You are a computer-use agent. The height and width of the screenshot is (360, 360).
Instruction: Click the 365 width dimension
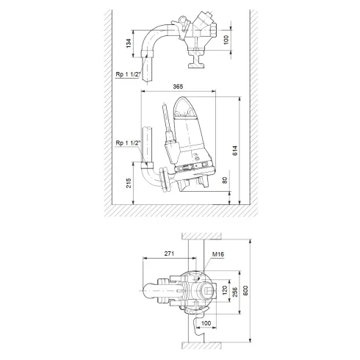point(178,87)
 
